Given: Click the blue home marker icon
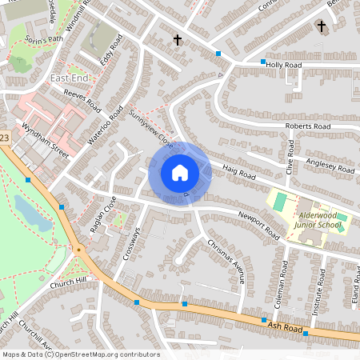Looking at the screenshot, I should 179,173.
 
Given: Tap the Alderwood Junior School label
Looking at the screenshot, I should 319,220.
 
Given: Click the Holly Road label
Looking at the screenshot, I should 283,64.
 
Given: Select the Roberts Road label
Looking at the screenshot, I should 307,126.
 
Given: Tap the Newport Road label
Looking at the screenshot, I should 262,224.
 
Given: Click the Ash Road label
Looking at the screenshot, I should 285,327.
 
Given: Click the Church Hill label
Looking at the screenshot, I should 66,282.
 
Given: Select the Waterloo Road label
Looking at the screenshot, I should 103,126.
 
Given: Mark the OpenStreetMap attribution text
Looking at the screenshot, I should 80,354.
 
